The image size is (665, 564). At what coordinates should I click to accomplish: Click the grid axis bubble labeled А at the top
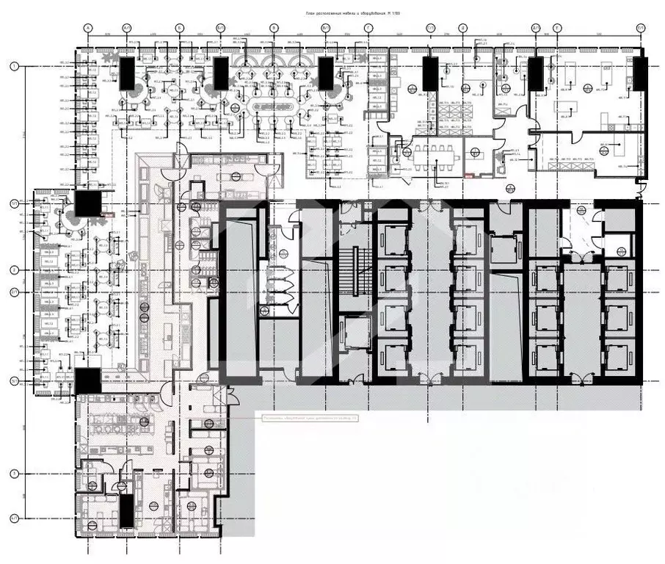87,28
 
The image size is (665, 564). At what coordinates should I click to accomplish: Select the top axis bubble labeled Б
179,28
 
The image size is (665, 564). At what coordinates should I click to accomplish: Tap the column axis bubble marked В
274,28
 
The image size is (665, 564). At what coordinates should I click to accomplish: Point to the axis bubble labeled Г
367,28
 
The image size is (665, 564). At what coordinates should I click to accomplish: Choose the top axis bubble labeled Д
463,28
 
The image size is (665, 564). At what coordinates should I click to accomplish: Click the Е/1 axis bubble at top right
640,28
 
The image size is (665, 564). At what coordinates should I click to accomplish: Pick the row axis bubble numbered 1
14,66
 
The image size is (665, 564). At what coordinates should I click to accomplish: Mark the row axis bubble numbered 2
14,270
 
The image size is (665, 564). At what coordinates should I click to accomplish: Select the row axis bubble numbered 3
14,474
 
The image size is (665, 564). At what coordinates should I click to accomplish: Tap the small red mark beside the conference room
469,175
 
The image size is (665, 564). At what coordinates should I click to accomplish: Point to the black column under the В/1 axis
327,74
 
